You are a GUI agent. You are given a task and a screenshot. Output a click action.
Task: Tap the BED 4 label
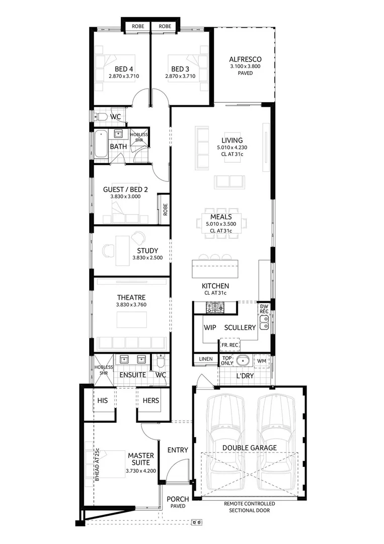pyautogui.click(x=124, y=69)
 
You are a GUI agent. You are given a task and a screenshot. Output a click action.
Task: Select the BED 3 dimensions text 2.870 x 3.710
pyautogui.click(x=180, y=77)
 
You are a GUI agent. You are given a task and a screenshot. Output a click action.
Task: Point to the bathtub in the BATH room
pyautogui.click(x=99, y=144)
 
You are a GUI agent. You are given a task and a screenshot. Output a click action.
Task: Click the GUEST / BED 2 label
pyautogui.click(x=125, y=189)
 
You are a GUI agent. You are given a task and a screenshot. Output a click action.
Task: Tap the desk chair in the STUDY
pyautogui.click(x=138, y=237)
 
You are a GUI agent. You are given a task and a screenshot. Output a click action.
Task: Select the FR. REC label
pyautogui.click(x=230, y=345)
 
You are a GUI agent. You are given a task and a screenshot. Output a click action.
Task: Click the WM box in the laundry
pyautogui.click(x=262, y=361)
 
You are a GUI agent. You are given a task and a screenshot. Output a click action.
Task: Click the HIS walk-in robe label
pyautogui.click(x=103, y=401)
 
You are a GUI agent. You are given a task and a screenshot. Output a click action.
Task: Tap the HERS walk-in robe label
pyautogui.click(x=150, y=401)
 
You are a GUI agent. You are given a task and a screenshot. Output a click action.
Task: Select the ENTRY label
pyautogui.click(x=178, y=450)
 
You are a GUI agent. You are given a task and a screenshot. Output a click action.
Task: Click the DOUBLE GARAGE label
pyautogui.click(x=250, y=447)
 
